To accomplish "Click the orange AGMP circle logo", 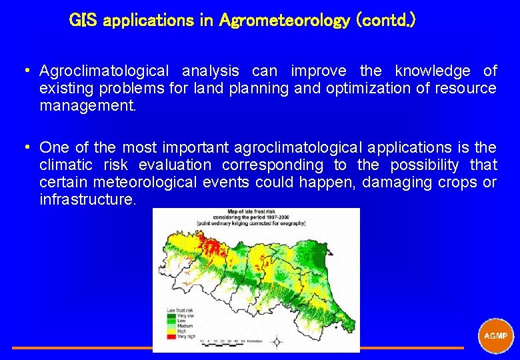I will click(x=495, y=337).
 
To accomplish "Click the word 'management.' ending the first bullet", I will click(x=87, y=105).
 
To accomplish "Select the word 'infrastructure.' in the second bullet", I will click(x=87, y=199).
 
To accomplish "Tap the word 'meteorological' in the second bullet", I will click(x=136, y=182).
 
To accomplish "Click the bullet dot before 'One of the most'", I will click(x=24, y=147).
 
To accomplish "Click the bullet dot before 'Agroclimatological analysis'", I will click(x=24, y=71).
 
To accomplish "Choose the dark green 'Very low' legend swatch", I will click(x=171, y=315).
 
